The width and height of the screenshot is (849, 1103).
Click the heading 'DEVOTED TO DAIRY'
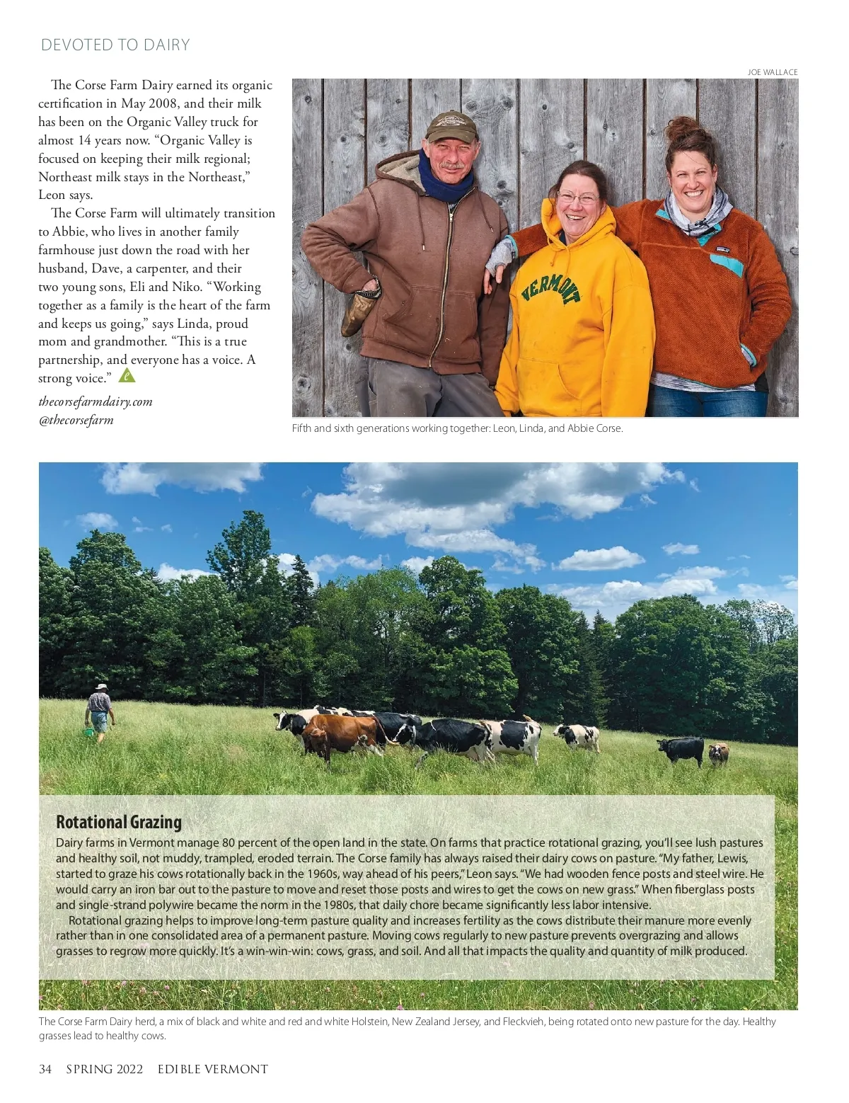coord(115,45)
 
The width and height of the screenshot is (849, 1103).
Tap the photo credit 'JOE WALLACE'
coord(772,72)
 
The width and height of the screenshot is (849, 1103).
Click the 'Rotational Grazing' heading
coord(119,822)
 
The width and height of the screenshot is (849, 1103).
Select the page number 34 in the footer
coord(45,1069)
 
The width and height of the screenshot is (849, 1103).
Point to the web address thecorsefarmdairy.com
coord(96,401)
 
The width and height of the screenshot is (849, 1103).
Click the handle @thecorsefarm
coord(76,420)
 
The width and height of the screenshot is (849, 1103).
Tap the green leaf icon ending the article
coord(127,375)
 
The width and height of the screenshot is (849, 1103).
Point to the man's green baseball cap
coord(451,126)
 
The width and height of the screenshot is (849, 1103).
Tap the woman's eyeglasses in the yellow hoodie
coord(577,198)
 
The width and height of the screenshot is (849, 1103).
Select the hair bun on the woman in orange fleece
coord(681,130)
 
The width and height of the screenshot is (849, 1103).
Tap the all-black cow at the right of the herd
coord(681,749)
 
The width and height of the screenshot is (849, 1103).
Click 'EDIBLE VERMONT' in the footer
coord(213,1069)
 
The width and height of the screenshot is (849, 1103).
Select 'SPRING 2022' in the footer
coord(105,1069)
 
